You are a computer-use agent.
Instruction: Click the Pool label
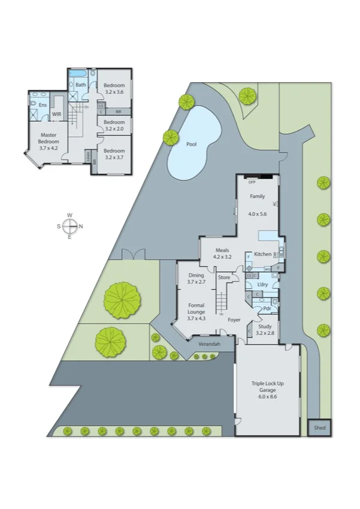[191, 144]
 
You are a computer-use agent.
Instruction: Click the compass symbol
[69, 226]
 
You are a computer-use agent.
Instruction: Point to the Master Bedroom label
[49, 140]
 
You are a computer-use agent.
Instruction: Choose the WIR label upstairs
[57, 114]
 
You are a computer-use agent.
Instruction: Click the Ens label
[43, 105]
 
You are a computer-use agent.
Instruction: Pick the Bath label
[81, 85]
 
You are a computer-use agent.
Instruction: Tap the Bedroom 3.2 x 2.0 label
[113, 125]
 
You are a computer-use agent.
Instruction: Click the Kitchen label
[262, 254]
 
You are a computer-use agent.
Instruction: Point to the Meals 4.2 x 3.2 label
[222, 254]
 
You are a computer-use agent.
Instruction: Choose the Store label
[224, 278]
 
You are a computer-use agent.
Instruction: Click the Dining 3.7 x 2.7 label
[196, 278]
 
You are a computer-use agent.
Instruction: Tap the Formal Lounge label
[196, 312]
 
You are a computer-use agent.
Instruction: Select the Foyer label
[234, 320]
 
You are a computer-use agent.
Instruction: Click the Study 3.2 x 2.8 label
[265, 329]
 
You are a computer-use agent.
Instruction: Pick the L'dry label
[262, 284]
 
